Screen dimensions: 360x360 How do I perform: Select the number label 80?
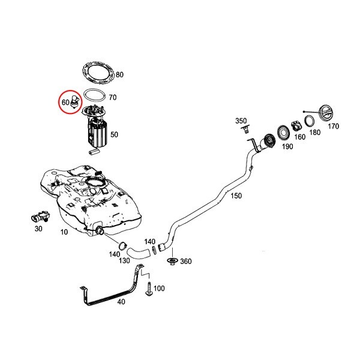pos(119,75)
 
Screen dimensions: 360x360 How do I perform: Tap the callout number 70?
pos(112,96)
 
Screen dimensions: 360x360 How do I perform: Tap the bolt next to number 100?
pos(147,289)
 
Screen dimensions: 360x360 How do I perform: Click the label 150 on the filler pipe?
pos(236,197)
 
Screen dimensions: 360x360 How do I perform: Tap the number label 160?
pos(299,137)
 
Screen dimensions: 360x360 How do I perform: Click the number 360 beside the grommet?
pos(186,261)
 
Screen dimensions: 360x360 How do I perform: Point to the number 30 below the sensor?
pos(39,229)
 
